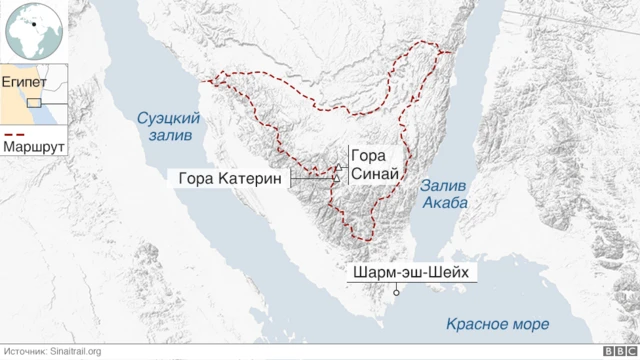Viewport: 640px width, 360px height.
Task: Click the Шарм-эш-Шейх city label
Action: (x=410, y=272)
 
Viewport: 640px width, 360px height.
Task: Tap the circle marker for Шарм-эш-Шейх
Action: (x=397, y=293)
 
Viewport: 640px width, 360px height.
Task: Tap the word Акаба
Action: (x=446, y=202)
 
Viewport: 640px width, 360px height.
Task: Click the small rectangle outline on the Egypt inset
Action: (x=34, y=103)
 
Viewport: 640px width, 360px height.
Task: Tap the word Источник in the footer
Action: (x=26, y=351)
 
